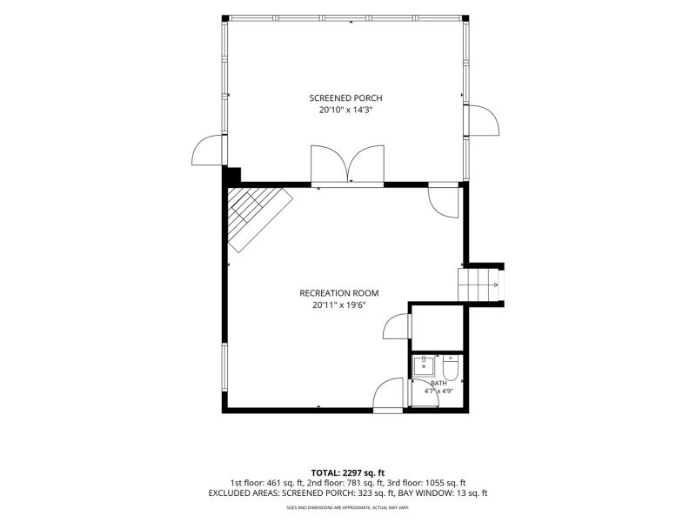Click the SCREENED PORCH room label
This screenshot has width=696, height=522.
tap(345, 98)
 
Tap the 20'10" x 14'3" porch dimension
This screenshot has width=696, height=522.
tap(345, 110)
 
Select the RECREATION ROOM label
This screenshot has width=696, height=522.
tap(339, 293)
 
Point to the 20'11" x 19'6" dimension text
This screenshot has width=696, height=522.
tap(339, 305)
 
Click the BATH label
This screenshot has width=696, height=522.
tap(439, 383)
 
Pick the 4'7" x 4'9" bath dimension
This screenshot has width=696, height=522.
tap(438, 391)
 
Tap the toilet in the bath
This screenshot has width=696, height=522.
tap(450, 369)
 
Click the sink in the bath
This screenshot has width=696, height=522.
tap(424, 366)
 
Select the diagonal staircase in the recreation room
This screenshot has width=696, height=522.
tap(259, 219)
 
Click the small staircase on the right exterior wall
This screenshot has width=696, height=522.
tap(478, 284)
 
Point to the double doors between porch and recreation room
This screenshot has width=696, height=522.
tap(347, 164)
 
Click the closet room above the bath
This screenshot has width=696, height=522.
tap(437, 328)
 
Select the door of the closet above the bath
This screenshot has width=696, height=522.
tap(397, 326)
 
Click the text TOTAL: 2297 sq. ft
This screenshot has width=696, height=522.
tap(348, 472)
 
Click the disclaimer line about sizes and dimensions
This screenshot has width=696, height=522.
tap(348, 507)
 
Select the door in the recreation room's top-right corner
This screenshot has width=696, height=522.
tap(443, 202)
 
